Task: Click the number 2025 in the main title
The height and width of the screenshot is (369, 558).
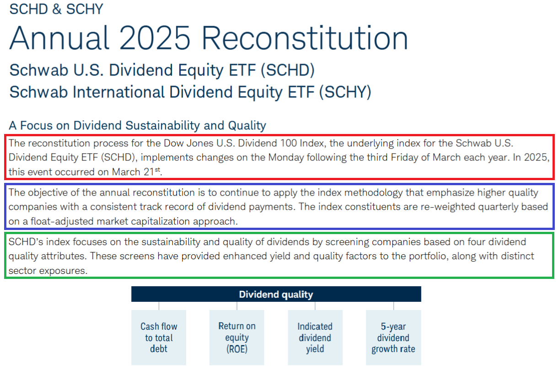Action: [x=155, y=38]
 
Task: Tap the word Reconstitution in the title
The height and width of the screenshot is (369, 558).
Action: [x=305, y=38]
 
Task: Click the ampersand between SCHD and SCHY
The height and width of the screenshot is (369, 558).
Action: [x=57, y=9]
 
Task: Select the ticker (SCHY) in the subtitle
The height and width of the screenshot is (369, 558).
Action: [x=345, y=92]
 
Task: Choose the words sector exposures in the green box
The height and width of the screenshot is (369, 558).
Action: [x=48, y=271]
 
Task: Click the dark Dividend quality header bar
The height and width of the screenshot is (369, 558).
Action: [x=276, y=294]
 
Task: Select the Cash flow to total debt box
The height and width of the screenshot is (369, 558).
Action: [x=159, y=337]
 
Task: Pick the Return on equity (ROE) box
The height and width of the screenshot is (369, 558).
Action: [x=236, y=337]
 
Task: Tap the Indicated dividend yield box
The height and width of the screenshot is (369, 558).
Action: [x=315, y=337]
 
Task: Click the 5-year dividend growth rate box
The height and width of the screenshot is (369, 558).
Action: [x=393, y=337]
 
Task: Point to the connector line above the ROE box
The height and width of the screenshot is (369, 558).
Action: [x=237, y=306]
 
